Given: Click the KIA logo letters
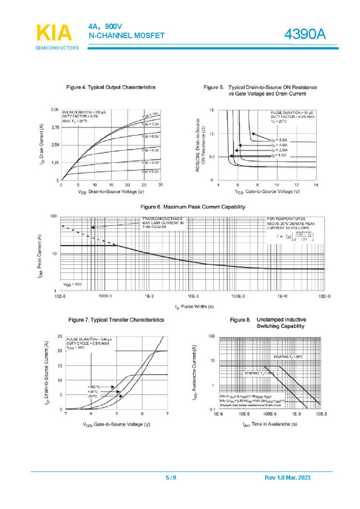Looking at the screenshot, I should (54, 33).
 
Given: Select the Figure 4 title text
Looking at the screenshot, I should (110, 87).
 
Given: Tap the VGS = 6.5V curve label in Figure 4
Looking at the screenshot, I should (150, 135).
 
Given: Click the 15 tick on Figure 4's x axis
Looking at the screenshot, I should (111, 185).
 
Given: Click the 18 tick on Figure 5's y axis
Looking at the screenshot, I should (212, 110).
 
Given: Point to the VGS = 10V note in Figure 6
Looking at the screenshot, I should (72, 284).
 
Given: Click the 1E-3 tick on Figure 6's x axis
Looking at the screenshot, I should (149, 297).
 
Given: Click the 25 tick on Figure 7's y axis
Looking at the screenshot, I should (60, 336).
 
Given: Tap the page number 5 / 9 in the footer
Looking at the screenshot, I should (171, 478).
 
